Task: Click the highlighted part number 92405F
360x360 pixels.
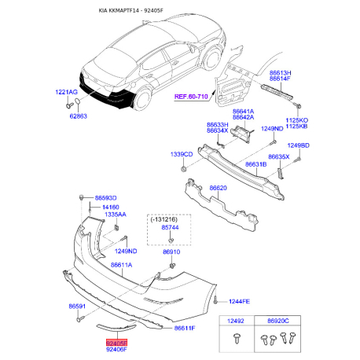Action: [x=116, y=343]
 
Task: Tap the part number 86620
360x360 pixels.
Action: [x=219, y=189]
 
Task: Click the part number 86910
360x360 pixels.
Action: [x=172, y=252]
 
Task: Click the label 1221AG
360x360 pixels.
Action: [x=66, y=93]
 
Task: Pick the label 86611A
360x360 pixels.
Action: [x=121, y=266]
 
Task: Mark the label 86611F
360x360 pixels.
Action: [x=184, y=327]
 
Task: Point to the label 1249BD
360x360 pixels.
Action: [x=299, y=145]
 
